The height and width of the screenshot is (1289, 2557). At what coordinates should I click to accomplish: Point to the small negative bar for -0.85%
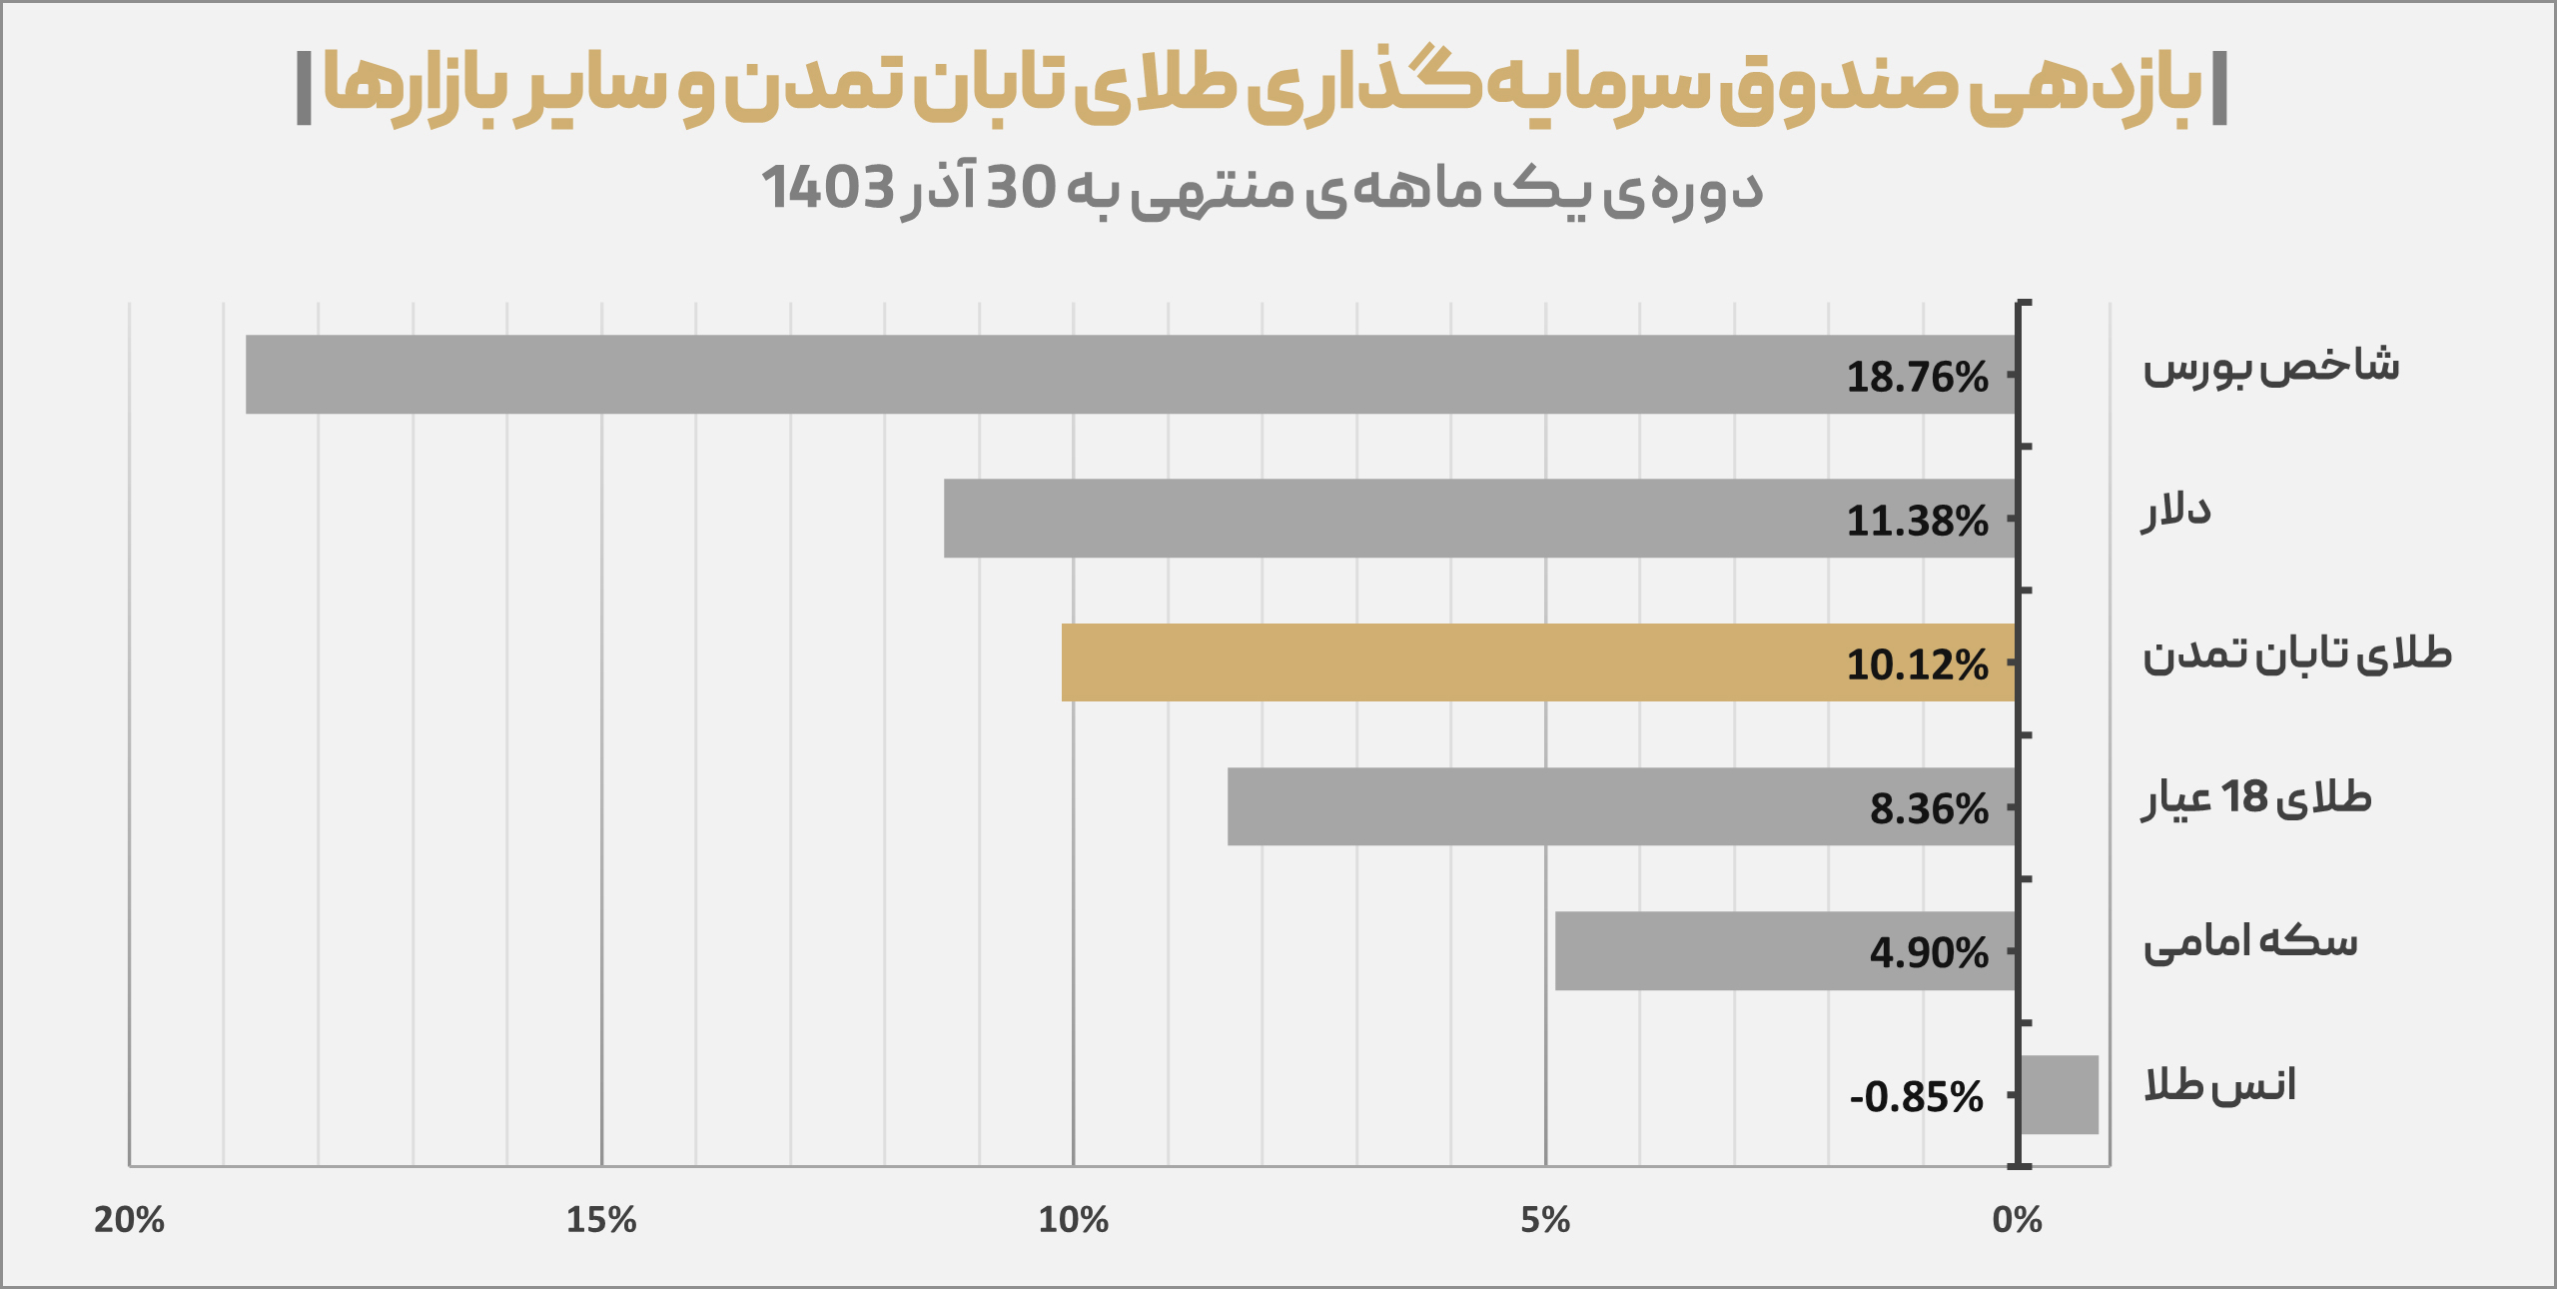click(2059, 1094)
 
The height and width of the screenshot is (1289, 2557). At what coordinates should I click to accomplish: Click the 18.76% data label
click(1917, 378)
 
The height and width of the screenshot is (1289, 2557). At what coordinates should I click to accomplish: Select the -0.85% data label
click(1916, 1097)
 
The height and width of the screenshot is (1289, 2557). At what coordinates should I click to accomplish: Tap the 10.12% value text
click(1917, 665)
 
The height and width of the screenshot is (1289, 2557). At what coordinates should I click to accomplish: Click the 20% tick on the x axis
click(129, 1220)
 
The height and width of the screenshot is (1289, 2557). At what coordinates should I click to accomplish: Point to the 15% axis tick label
click(601, 1220)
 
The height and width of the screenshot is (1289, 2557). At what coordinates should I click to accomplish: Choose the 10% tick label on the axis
click(1074, 1220)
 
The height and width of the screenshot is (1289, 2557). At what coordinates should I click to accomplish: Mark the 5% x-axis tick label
click(1545, 1220)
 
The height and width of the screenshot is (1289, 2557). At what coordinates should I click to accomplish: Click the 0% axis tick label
click(2018, 1220)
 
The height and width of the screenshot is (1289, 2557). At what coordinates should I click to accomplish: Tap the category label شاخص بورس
click(2270, 366)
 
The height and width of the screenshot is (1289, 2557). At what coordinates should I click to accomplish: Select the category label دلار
click(2176, 511)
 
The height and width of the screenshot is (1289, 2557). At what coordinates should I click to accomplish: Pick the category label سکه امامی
click(2250, 942)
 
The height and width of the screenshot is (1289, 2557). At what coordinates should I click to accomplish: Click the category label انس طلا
click(2219, 1085)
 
